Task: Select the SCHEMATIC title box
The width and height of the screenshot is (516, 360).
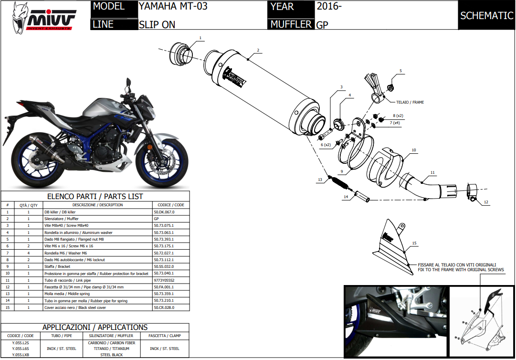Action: pyautogui.click(x=486, y=15)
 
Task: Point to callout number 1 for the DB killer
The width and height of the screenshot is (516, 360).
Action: pyautogui.click(x=200, y=38)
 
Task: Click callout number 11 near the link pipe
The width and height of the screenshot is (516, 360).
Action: pyautogui.click(x=432, y=172)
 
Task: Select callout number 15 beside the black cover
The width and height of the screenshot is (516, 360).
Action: pyautogui.click(x=414, y=244)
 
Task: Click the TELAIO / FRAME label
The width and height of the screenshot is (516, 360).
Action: pyautogui.click(x=410, y=102)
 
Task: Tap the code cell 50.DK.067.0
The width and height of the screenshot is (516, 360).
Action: pyautogui.click(x=164, y=212)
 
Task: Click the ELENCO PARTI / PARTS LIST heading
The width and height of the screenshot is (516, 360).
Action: pyautogui.click(x=95, y=196)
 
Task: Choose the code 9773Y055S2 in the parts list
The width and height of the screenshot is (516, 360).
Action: pyautogui.click(x=164, y=280)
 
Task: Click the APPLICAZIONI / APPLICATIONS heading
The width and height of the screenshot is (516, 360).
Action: pyautogui.click(x=95, y=328)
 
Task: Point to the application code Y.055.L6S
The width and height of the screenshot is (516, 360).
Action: pyautogui.click(x=21, y=349)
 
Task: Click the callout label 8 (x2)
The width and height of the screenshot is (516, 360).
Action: pyautogui.click(x=398, y=116)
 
